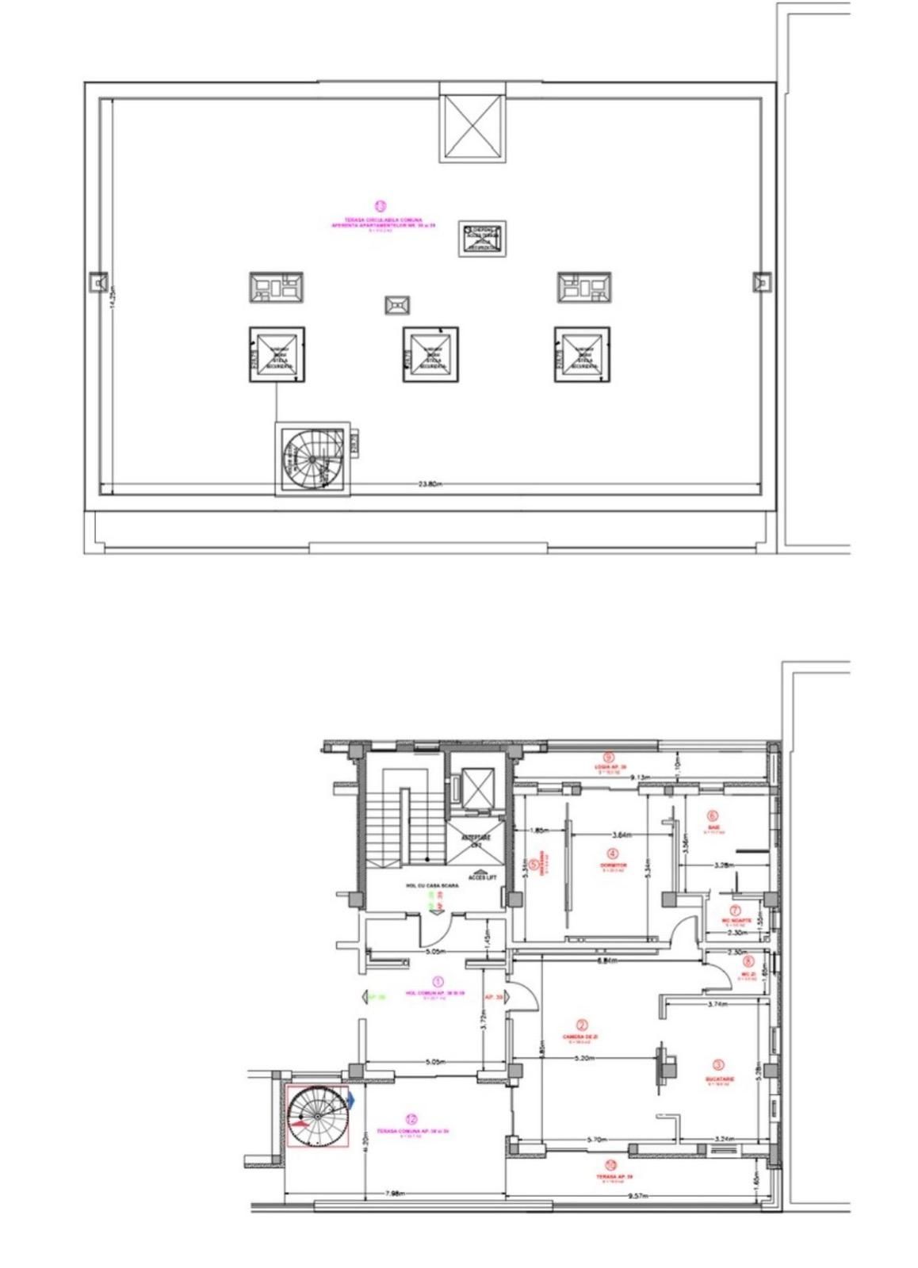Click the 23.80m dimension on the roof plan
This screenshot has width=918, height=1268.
coord(430,483)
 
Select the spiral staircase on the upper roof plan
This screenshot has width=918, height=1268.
coord(312,457)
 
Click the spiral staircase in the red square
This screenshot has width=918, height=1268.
coord(316,1117)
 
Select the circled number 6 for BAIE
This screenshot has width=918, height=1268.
coord(712,816)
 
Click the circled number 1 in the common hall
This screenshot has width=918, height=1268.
coord(441,983)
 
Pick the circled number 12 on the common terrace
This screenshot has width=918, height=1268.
coord(411,1119)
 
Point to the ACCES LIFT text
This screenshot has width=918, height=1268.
coord(480,877)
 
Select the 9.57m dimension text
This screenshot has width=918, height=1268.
coord(637,1194)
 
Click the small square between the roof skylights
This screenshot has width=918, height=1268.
coord(396,305)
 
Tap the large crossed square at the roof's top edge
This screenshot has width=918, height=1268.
coord(472,128)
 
